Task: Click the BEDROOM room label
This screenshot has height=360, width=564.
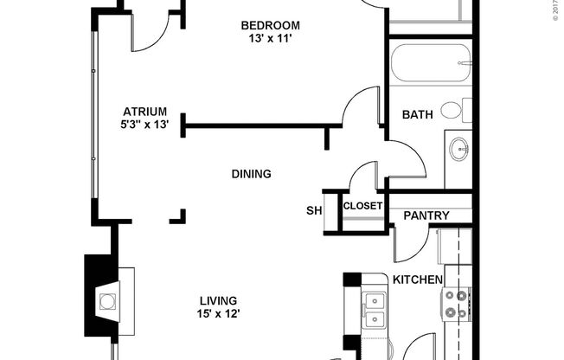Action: pyautogui.click(x=271, y=24)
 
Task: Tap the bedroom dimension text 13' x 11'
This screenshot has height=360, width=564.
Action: pyautogui.click(x=271, y=37)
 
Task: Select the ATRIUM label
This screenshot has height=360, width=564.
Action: pyautogui.click(x=144, y=111)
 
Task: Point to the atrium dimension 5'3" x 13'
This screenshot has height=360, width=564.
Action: pyautogui.click(x=144, y=124)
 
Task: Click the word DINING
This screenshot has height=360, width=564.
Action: pyautogui.click(x=251, y=174)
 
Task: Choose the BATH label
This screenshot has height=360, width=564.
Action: pyautogui.click(x=417, y=114)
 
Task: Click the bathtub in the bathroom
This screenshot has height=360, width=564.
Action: pyautogui.click(x=430, y=62)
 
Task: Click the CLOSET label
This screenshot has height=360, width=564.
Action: pyautogui.click(x=362, y=206)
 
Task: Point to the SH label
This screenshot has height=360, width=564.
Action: pyautogui.click(x=313, y=210)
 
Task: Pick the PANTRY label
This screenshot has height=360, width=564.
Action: pyautogui.click(x=426, y=215)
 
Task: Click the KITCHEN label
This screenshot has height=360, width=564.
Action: pyautogui.click(x=418, y=280)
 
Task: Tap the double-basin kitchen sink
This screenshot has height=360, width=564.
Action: pyautogui.click(x=375, y=311)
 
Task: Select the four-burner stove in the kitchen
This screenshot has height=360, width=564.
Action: pyautogui.click(x=455, y=304)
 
